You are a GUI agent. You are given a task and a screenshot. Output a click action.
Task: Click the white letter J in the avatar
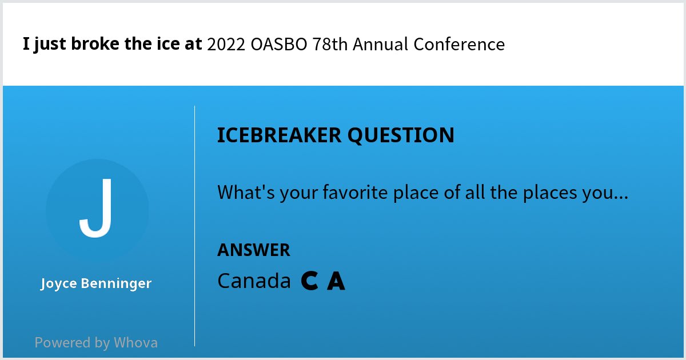click(x=96, y=209)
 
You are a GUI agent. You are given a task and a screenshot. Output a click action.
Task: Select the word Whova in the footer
click(x=135, y=343)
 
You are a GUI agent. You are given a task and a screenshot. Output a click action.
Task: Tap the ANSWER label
click(x=253, y=250)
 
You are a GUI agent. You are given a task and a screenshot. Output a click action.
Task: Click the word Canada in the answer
click(x=254, y=281)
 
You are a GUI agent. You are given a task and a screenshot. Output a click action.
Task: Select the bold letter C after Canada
click(x=309, y=281)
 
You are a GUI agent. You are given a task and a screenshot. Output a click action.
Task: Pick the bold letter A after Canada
click(x=336, y=281)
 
